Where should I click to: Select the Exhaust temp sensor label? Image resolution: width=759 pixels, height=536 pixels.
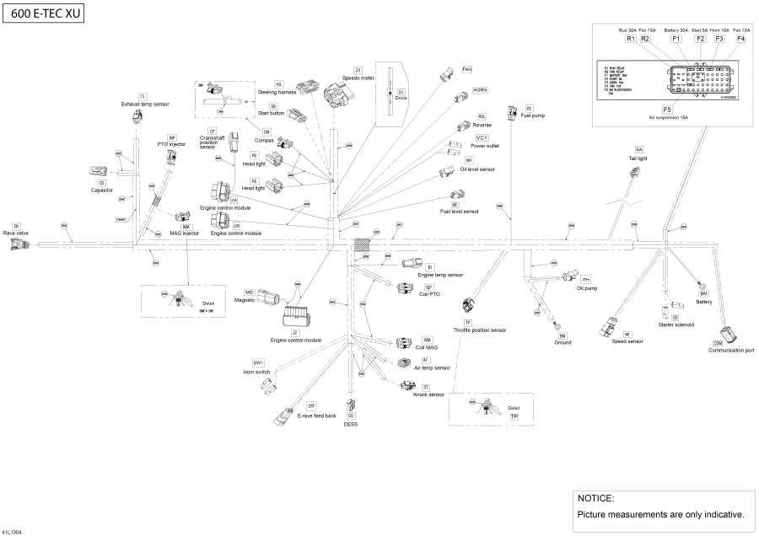[145, 105]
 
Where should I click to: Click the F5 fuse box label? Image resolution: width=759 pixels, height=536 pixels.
[667, 110]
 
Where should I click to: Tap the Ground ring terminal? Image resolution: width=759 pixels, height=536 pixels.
[557, 324]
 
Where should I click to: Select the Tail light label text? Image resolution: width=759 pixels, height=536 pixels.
[638, 158]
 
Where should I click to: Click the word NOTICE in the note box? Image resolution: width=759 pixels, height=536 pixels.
[595, 498]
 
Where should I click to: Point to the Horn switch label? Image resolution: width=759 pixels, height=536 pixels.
[256, 371]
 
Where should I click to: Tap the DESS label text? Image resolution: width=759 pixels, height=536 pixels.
[351, 424]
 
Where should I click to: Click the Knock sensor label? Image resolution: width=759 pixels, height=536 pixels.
[428, 394]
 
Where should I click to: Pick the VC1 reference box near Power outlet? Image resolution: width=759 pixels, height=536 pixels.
[482, 137]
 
